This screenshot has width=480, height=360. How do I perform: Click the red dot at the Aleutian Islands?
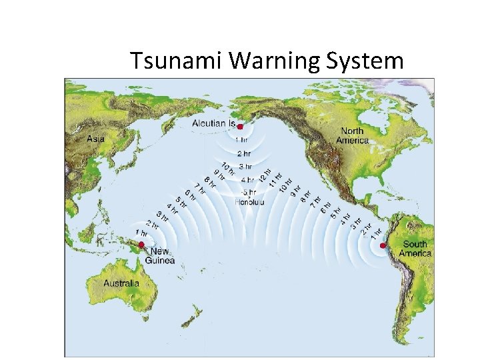(x=240, y=127)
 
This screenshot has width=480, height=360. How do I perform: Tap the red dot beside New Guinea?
(x=141, y=245)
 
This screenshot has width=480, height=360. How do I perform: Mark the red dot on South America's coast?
(x=383, y=246)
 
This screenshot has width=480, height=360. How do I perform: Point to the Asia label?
(x=96, y=139)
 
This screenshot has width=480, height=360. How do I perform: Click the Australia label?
(x=121, y=283)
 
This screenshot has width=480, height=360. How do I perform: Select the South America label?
(x=415, y=249)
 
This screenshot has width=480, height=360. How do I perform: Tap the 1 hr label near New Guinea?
(x=141, y=233)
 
